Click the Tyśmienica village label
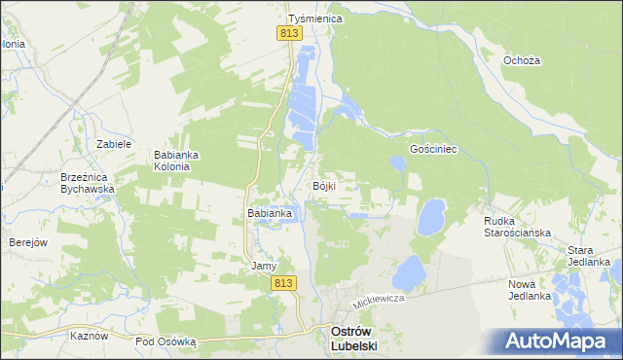tap(311, 18)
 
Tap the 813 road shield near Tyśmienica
tap(289, 33)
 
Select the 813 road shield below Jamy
tap(282, 283)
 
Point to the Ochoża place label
tap(522, 60)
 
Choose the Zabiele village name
tap(114, 143)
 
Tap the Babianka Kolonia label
tap(177, 160)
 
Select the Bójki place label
tap(324, 186)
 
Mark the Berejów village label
tap(28, 242)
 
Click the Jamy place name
tap(265, 266)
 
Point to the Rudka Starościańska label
tap(518, 227)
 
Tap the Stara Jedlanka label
tap(589, 256)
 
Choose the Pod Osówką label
tap(165, 342)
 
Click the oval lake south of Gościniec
tap(430, 216)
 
